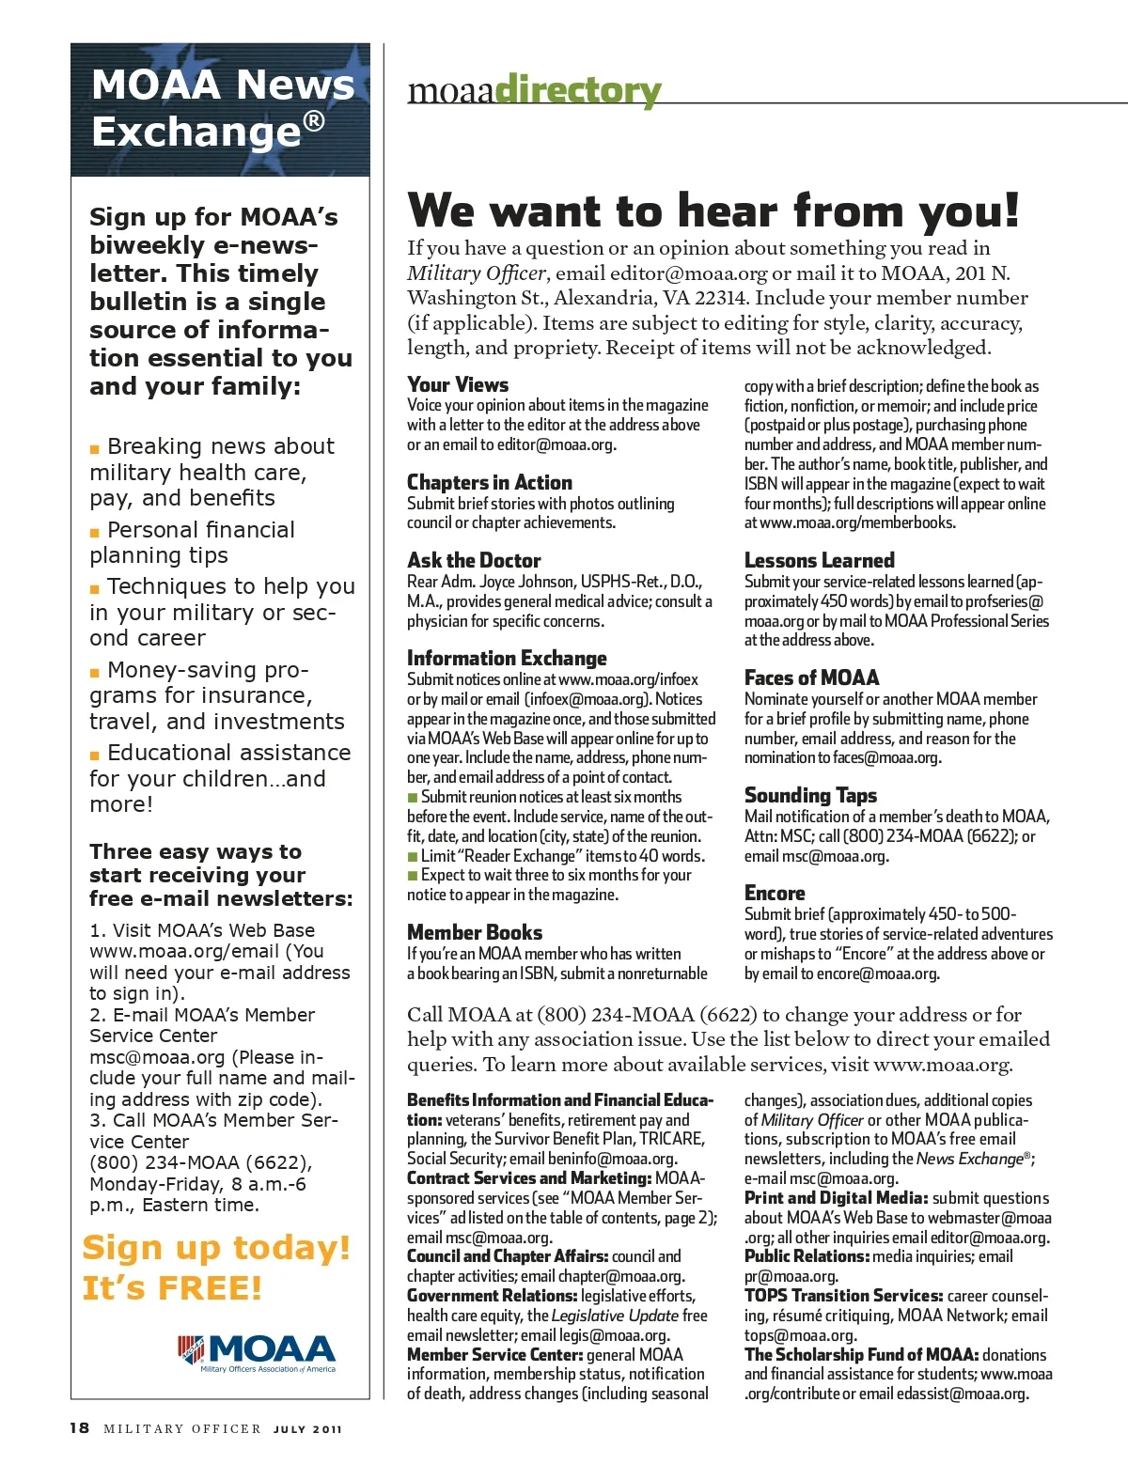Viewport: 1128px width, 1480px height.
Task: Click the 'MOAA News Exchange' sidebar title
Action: [x=222, y=107]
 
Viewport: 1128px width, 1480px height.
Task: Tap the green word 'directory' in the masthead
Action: [x=577, y=91]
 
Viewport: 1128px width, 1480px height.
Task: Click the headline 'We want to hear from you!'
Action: [x=713, y=210]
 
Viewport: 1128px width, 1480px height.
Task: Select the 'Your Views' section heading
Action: [x=458, y=384]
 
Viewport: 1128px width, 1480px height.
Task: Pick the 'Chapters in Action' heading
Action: [x=489, y=482]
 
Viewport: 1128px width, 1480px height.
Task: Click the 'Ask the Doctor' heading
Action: [x=474, y=560]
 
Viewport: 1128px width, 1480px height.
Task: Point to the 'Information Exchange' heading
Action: [x=507, y=658]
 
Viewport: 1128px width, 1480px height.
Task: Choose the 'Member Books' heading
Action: [x=475, y=932]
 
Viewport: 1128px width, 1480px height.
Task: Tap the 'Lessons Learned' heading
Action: [x=819, y=560]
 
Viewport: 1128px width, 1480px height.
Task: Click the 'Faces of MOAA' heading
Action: [x=811, y=678]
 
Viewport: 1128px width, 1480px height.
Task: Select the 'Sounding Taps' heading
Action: [x=810, y=795]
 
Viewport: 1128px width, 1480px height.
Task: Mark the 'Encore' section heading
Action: [x=775, y=893]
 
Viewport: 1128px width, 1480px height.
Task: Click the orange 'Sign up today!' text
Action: [x=216, y=1248]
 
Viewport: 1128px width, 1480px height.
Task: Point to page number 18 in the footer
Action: [x=80, y=1428]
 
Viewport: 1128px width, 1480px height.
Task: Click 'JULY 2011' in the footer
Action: [x=308, y=1429]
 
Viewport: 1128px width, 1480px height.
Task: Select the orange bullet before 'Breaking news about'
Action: [x=95, y=449]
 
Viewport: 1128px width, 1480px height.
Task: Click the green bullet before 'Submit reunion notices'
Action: [x=412, y=797]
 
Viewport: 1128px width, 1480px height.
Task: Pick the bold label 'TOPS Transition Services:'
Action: [x=843, y=1296]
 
